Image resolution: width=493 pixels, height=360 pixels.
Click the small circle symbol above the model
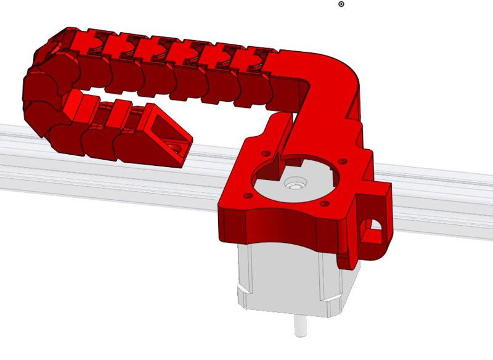tap(341, 4)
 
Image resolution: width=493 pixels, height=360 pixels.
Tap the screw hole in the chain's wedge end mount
tap(177, 148)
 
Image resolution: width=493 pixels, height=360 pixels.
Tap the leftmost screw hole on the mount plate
tap(248, 195)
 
